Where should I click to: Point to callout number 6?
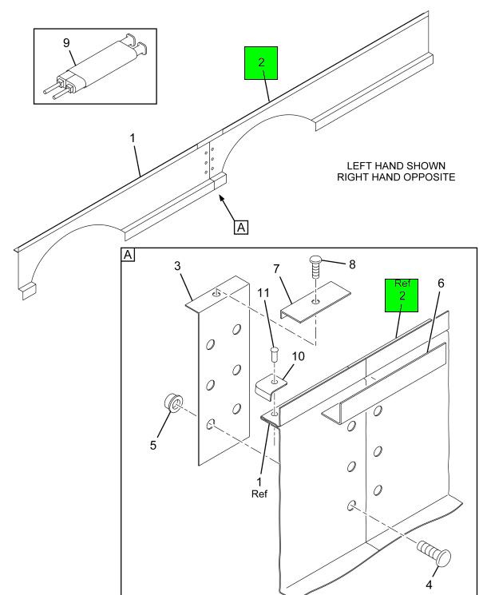[441, 284]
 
